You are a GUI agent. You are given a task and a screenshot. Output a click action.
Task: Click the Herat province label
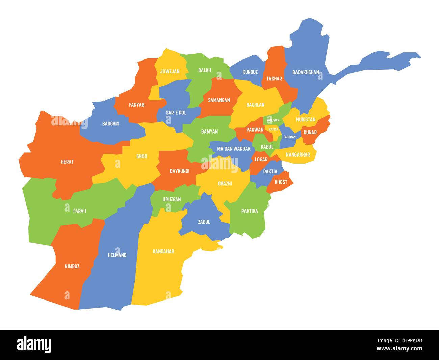(67, 162)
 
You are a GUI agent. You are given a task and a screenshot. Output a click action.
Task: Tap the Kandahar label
(163, 251)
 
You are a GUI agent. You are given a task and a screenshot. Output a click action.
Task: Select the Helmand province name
(117, 255)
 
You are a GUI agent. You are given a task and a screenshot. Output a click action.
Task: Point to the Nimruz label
(72, 266)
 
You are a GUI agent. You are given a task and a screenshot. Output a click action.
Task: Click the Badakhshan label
(306, 72)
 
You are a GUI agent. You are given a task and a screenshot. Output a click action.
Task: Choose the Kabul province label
(267, 147)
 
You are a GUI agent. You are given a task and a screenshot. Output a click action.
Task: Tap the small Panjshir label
(273, 120)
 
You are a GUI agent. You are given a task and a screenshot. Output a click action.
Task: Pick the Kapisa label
(274, 129)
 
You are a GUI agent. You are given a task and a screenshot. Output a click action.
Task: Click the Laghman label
(289, 137)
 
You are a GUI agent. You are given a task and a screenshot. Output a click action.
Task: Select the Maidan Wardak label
(234, 149)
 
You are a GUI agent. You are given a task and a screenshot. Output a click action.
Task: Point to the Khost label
(281, 182)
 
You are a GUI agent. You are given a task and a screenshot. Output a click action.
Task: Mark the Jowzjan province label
(170, 71)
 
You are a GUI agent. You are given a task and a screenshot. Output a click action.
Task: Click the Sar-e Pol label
(176, 113)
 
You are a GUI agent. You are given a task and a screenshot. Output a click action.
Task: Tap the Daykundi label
(179, 171)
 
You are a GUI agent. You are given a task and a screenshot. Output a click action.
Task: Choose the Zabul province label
(204, 222)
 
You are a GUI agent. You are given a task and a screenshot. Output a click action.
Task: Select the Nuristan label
(306, 119)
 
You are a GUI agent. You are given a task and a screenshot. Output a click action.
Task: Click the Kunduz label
(250, 72)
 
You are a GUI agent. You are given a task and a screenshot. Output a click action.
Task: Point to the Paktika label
(250, 211)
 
